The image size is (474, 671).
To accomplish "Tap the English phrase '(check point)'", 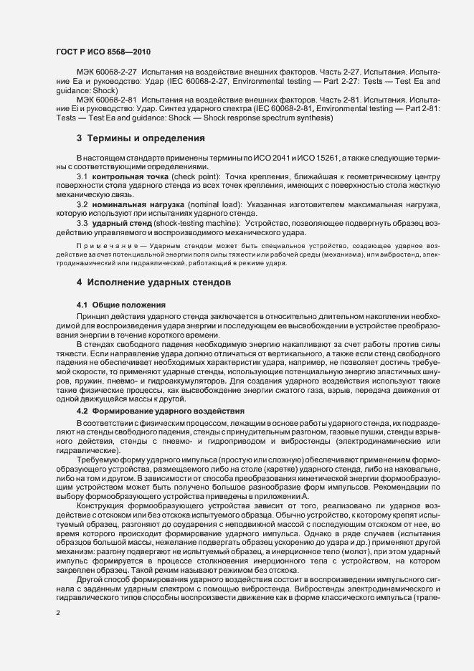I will (x=194, y=176).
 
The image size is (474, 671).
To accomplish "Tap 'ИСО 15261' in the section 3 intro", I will (x=300, y=156).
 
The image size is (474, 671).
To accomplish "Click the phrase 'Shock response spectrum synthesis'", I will (x=269, y=116).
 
